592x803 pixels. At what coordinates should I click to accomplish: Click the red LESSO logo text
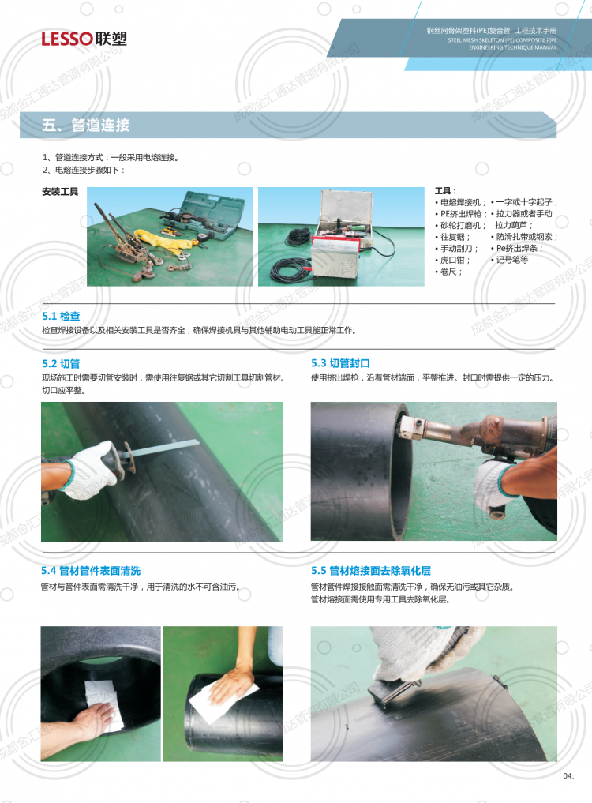(x=67, y=39)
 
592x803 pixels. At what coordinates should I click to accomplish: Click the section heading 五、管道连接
(x=86, y=125)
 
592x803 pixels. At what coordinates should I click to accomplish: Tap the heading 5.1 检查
(x=61, y=316)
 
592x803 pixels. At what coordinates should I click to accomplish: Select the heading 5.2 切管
(x=61, y=364)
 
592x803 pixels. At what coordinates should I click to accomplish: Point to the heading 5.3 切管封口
(x=340, y=363)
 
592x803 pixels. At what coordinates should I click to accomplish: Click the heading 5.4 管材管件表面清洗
(x=91, y=571)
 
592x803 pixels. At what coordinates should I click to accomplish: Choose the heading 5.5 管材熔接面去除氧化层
(x=371, y=571)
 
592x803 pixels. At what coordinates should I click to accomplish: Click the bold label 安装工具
(x=60, y=192)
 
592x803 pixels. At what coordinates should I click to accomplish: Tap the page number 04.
(x=568, y=776)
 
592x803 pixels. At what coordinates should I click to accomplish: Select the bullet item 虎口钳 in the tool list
(x=453, y=260)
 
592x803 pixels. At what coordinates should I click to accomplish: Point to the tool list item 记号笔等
(x=510, y=260)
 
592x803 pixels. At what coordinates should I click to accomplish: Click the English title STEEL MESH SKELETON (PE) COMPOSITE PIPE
(x=502, y=40)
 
